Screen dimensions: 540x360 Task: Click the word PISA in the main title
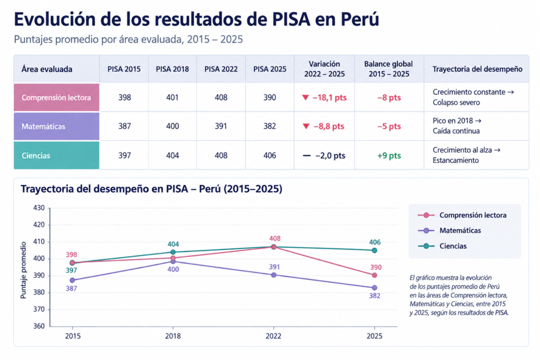pos(292,20)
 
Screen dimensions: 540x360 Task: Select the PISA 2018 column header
pos(172,69)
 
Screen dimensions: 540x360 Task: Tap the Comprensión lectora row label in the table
pos(56,98)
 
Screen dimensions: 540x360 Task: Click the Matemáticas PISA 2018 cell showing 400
pos(172,127)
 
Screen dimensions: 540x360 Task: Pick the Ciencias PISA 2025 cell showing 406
pos(269,155)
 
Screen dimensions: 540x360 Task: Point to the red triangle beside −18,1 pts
pos(305,98)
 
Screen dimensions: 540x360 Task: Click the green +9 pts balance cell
pos(389,155)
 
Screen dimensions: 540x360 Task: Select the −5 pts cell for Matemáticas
pos(389,127)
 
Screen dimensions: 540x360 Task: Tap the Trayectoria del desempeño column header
pos(477,69)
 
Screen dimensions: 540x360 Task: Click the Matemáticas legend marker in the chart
pos(426,230)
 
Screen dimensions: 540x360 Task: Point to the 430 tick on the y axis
pos(39,208)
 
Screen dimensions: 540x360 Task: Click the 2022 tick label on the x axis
pos(274,336)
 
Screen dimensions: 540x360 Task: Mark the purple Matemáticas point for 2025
pos(374,288)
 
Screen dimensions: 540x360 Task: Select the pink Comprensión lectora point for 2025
pos(374,275)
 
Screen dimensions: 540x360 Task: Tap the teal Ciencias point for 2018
pos(173,252)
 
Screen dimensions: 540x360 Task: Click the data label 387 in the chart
pos(71,288)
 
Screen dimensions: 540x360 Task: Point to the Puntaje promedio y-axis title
pos(23,270)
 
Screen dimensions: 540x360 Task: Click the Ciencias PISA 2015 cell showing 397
pos(124,155)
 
